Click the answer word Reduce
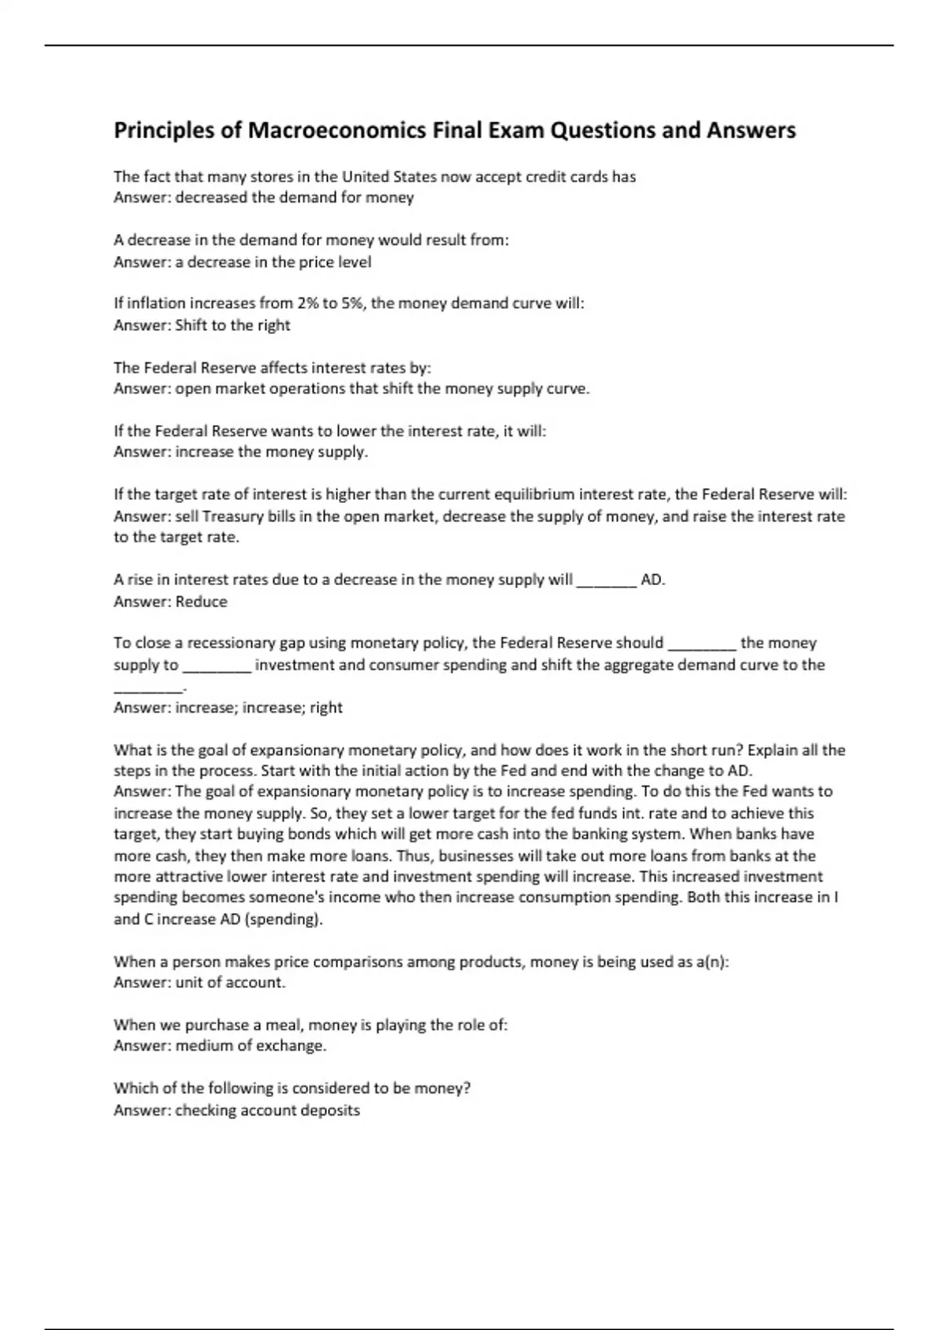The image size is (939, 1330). [201, 602]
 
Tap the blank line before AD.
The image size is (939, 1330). [606, 581]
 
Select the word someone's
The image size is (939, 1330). [281, 897]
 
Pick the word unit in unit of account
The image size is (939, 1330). [188, 983]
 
